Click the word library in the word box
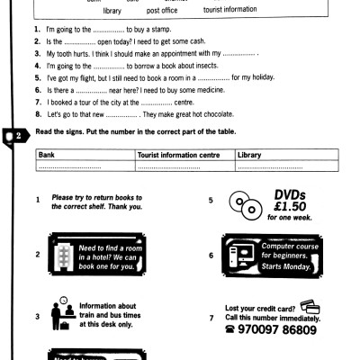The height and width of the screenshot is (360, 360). (112, 11)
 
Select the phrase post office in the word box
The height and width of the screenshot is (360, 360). (164, 11)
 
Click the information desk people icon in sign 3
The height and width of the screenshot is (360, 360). (61, 314)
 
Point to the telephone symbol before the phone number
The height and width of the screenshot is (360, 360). (231, 330)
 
